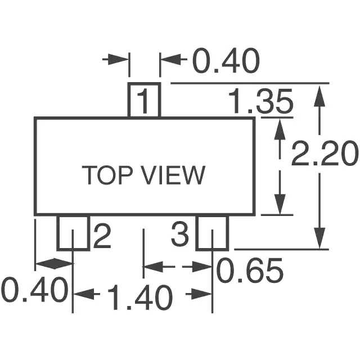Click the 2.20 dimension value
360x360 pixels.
325,154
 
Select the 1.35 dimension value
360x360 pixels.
261,101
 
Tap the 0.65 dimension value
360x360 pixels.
250,270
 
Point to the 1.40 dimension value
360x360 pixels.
140,297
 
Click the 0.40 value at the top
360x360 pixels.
226,61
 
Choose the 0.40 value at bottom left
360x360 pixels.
35,290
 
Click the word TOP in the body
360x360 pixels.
107,175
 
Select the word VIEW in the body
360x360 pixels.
174,175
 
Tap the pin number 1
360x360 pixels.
143,102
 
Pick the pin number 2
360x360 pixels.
102,236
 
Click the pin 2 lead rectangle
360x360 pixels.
73,233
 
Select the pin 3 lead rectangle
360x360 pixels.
213,233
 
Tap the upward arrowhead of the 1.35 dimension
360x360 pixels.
280,129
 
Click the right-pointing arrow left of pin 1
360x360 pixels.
115,59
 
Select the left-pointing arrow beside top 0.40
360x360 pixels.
174,60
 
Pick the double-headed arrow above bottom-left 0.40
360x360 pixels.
54,263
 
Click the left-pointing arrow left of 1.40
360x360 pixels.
87,294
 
